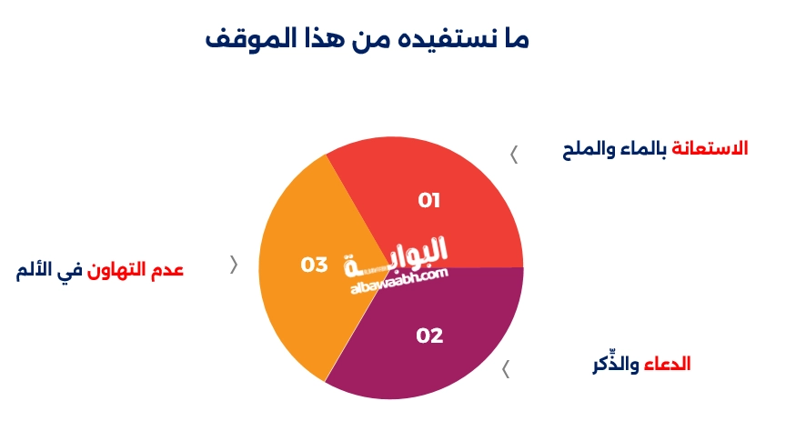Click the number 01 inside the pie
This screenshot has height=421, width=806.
pos(429,200)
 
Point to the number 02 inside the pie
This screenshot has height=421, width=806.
pos(429,336)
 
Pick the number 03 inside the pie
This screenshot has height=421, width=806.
pos(314,266)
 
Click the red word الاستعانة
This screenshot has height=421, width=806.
pos(709,148)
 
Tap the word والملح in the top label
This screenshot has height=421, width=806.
pos(588,148)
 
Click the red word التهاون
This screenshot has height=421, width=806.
pos(114,270)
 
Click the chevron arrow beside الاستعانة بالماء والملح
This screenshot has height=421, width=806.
pos(514,155)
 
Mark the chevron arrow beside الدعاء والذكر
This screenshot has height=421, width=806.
pos(506,369)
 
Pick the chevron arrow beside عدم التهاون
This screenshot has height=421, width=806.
pos(234,266)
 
